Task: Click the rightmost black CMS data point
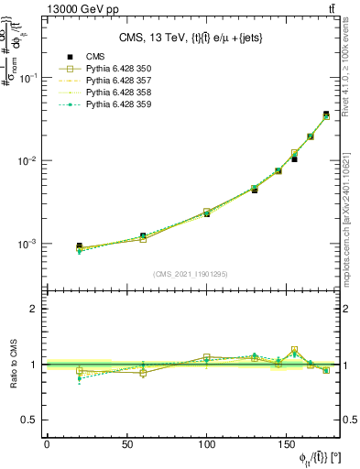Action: pos(326,115)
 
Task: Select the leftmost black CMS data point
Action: pos(79,246)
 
